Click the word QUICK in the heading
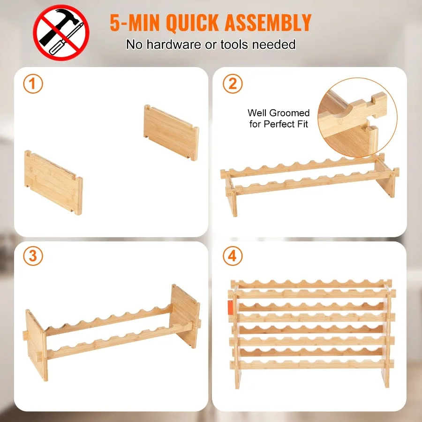pyautogui.click(x=193, y=23)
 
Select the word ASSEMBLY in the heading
pyautogui.click(x=268, y=23)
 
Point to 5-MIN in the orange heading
pyautogui.click(x=135, y=23)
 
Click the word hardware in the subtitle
pyautogui.click(x=174, y=45)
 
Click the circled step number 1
pyautogui.click(x=33, y=84)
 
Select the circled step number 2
pyautogui.click(x=233, y=84)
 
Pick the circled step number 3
pyautogui.click(x=33, y=256)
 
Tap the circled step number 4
pyautogui.click(x=233, y=256)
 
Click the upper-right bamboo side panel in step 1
pyautogui.click(x=172, y=132)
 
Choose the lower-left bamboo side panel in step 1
pyautogui.click(x=53, y=182)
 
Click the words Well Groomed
pyautogui.click(x=279, y=113)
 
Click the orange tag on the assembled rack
pyautogui.click(x=230, y=308)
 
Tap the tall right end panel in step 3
pyautogui.click(x=185, y=316)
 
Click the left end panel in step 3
pyautogui.click(x=36, y=345)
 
